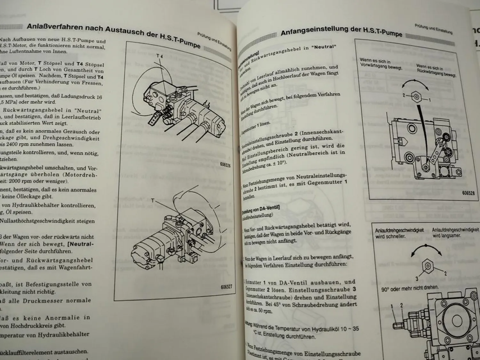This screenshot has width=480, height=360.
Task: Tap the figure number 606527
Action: point(226,287)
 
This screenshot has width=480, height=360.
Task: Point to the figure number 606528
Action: point(468,193)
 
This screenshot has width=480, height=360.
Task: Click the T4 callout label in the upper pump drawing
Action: point(160,56)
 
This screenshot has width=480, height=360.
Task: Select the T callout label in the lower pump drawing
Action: point(153,201)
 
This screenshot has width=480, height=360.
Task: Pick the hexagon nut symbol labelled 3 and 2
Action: point(428,266)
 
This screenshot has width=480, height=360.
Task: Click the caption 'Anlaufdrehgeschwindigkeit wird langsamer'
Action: point(455,233)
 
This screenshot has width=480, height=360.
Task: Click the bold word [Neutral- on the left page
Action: point(80,244)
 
